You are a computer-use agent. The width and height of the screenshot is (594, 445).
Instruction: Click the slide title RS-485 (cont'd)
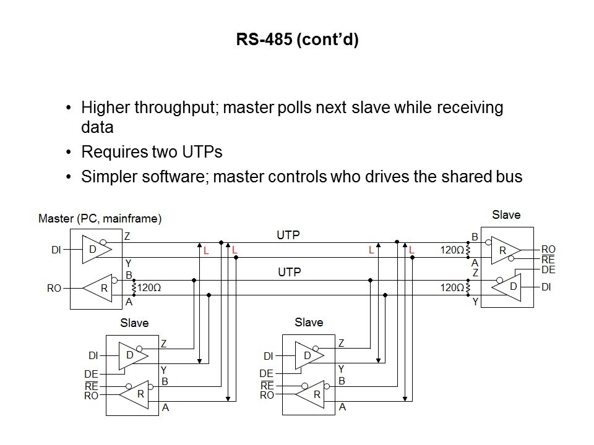tap(297, 41)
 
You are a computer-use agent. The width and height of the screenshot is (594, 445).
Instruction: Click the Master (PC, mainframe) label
tap(100, 218)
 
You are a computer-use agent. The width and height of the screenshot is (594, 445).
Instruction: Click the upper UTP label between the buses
tap(288, 235)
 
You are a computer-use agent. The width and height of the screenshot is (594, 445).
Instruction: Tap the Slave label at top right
tap(506, 215)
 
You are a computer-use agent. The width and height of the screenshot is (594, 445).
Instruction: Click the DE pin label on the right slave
tap(548, 269)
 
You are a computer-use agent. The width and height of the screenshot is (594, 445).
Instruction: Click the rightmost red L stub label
tap(411, 250)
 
